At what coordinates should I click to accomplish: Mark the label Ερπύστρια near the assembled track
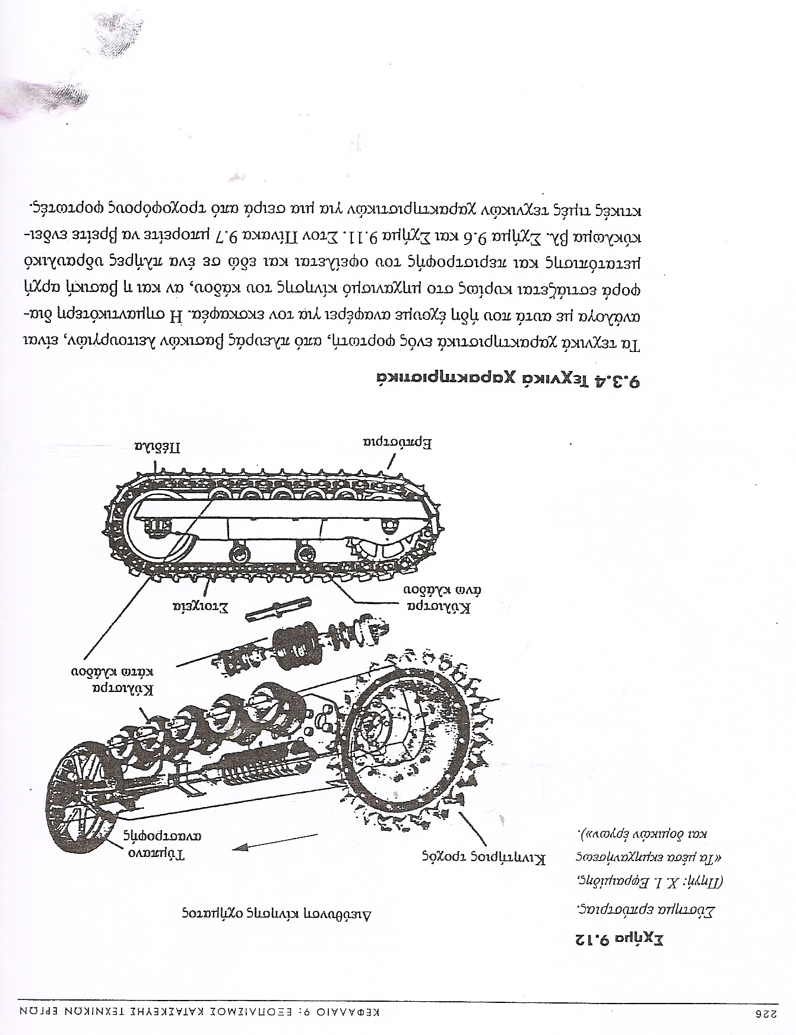397,442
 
